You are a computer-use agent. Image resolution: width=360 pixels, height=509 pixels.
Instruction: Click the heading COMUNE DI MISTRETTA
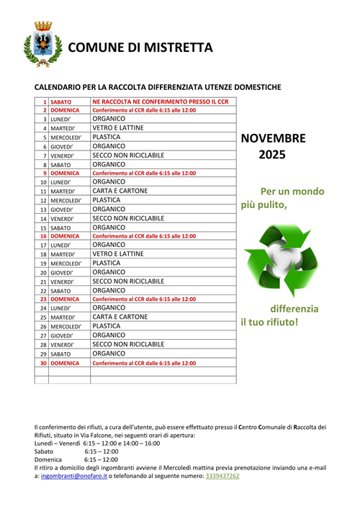141,48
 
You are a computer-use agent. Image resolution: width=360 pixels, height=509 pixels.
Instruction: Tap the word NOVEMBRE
273,139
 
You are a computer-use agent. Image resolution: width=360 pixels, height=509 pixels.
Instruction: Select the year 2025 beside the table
272,155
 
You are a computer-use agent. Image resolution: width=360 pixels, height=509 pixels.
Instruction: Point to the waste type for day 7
128,155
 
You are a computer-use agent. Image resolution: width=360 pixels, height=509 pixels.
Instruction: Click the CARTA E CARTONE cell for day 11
120,191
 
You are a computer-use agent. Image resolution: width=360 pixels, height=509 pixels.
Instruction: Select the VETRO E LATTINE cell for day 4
119,127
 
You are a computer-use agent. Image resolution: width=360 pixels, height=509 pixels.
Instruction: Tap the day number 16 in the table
43,236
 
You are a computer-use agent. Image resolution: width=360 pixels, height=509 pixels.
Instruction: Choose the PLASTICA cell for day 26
107,326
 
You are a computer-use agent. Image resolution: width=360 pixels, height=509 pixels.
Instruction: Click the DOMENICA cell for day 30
65,363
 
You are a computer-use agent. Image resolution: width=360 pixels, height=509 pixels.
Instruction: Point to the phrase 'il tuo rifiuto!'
269,321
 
